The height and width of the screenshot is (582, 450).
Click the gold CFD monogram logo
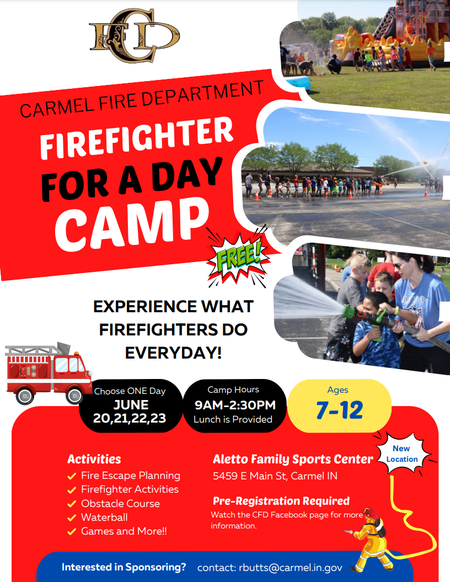pyautogui.click(x=134, y=35)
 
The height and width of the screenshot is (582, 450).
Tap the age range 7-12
pyautogui.click(x=339, y=410)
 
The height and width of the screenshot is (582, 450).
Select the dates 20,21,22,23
pyautogui.click(x=130, y=419)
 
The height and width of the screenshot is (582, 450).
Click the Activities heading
pyautogui.click(x=94, y=459)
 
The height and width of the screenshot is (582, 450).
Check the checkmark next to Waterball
pyautogui.click(x=71, y=518)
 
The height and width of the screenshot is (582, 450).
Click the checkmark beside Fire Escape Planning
pyautogui.click(x=71, y=476)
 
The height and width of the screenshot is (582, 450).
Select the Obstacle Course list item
pyautogui.click(x=120, y=504)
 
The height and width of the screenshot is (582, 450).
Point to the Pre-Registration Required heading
pyautogui.click(x=281, y=501)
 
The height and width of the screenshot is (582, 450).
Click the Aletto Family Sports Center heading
pyautogui.click(x=293, y=459)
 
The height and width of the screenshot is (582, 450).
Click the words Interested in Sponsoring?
pyautogui.click(x=124, y=567)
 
